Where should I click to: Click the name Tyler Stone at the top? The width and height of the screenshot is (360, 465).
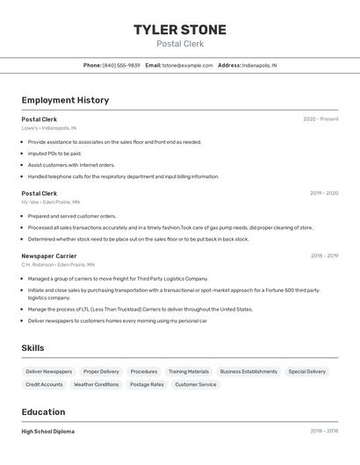pos(179,30)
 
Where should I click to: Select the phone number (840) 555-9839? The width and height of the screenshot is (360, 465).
pos(121,65)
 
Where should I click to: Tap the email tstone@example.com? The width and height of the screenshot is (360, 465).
pos(188,65)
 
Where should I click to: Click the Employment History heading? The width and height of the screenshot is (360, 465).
pos(65,100)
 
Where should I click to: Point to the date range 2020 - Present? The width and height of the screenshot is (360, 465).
pos(320,119)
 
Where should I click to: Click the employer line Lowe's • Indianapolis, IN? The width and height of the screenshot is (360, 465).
pos(48,128)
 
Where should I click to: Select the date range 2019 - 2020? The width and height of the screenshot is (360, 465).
pos(324,193)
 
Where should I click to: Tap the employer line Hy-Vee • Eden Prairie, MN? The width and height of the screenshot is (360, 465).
pos(50,202)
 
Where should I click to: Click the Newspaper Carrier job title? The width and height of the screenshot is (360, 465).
pos(49,256)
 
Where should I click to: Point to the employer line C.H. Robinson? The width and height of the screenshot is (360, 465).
pos(58,264)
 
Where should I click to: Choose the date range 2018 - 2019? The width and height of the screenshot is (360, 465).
pos(324,256)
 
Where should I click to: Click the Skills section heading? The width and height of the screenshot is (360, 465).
pos(32,348)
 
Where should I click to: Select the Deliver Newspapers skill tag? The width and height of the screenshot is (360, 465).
pos(49,371)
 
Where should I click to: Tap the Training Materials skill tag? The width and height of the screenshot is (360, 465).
pos(189,371)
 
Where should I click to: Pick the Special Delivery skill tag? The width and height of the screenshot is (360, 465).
pos(306,371)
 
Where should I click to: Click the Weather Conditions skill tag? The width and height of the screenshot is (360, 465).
pos(96,384)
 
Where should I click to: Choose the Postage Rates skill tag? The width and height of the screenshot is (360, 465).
pos(147,384)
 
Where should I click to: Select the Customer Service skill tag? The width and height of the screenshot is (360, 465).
pos(195,384)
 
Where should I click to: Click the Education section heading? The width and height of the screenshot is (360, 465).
pos(43,411)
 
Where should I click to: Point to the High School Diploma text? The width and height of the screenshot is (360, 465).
pos(47,432)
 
